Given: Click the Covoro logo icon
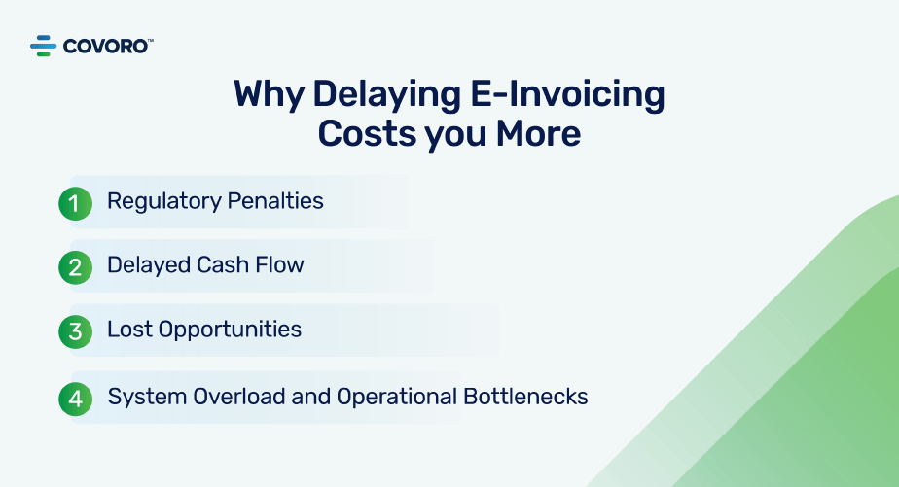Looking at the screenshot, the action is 44,46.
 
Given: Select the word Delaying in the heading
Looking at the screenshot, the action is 387,95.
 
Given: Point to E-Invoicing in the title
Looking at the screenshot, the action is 567,95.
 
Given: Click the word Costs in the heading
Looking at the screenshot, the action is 367,134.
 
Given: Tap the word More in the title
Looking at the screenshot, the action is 538,134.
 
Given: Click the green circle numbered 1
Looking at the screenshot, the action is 75,203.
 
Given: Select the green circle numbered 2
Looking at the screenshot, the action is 75,267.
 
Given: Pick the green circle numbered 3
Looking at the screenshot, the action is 75,331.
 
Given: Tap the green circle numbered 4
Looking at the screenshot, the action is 75,399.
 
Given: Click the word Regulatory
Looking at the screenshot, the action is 164,202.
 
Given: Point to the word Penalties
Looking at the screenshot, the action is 275,201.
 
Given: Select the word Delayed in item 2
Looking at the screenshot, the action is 149,265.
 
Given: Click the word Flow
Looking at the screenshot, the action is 279,265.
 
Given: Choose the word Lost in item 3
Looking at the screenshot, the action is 129,330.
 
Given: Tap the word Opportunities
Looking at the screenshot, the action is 230,330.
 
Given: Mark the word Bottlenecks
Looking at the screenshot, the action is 525,397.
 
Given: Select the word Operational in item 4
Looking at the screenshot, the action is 397,397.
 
